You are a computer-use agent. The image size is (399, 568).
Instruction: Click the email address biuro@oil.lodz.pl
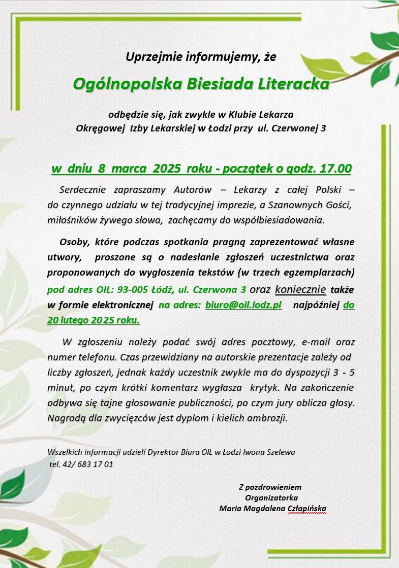243,305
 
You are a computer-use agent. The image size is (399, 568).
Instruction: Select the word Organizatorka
271,498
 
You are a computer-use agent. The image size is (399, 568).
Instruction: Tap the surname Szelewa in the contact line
279,452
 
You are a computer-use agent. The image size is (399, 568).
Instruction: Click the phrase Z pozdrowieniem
270,487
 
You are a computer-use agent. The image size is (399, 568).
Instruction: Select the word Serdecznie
82,190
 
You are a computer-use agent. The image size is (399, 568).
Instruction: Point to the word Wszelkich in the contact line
65,452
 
